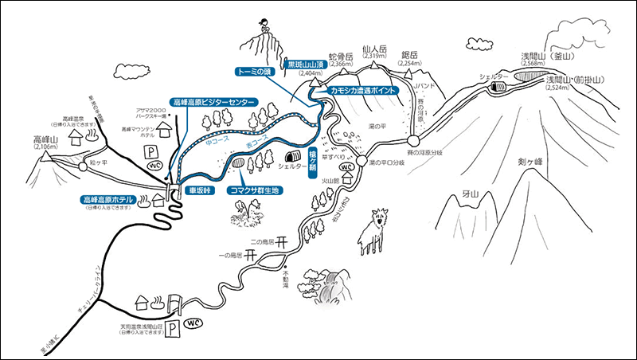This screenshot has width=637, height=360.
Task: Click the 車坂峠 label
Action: (x=198, y=191)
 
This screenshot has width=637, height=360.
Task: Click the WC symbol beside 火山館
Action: (x=346, y=167)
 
